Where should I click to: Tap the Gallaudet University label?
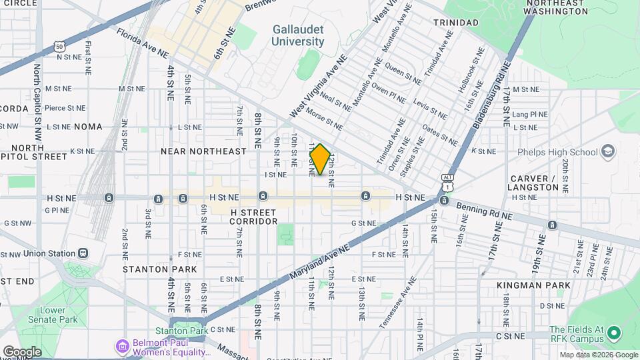298,35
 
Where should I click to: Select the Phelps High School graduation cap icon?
607,152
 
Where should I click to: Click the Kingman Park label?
533,285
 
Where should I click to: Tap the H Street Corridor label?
253,216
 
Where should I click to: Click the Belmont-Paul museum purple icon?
121,347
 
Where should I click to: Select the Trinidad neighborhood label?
455,23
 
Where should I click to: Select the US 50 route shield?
60,47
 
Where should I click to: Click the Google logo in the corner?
22,351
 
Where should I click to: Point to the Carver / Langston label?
534,183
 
